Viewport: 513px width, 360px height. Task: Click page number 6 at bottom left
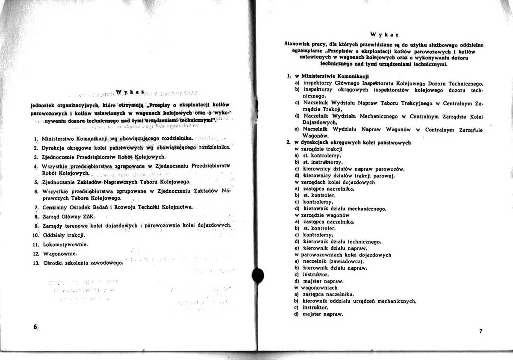tap(35, 327)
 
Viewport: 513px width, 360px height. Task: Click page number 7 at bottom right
tap(481, 331)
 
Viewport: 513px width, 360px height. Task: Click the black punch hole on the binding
tap(258, 275)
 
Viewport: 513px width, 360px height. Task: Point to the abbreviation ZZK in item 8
tap(88, 217)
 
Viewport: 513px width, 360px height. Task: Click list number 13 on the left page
tap(36, 263)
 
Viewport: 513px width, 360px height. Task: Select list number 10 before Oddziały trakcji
tap(36, 235)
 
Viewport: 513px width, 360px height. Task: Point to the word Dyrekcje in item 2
tap(54, 148)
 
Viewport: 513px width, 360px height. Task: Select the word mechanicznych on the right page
tap(396, 301)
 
